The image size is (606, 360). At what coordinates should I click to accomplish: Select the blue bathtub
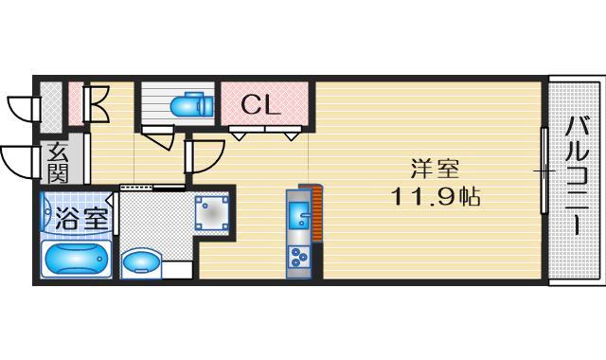coord(77,258)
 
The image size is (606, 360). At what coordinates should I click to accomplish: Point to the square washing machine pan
coord(212,213)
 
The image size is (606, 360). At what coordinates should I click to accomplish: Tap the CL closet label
coord(259,104)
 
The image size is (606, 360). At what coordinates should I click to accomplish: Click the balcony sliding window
coord(544,171)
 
